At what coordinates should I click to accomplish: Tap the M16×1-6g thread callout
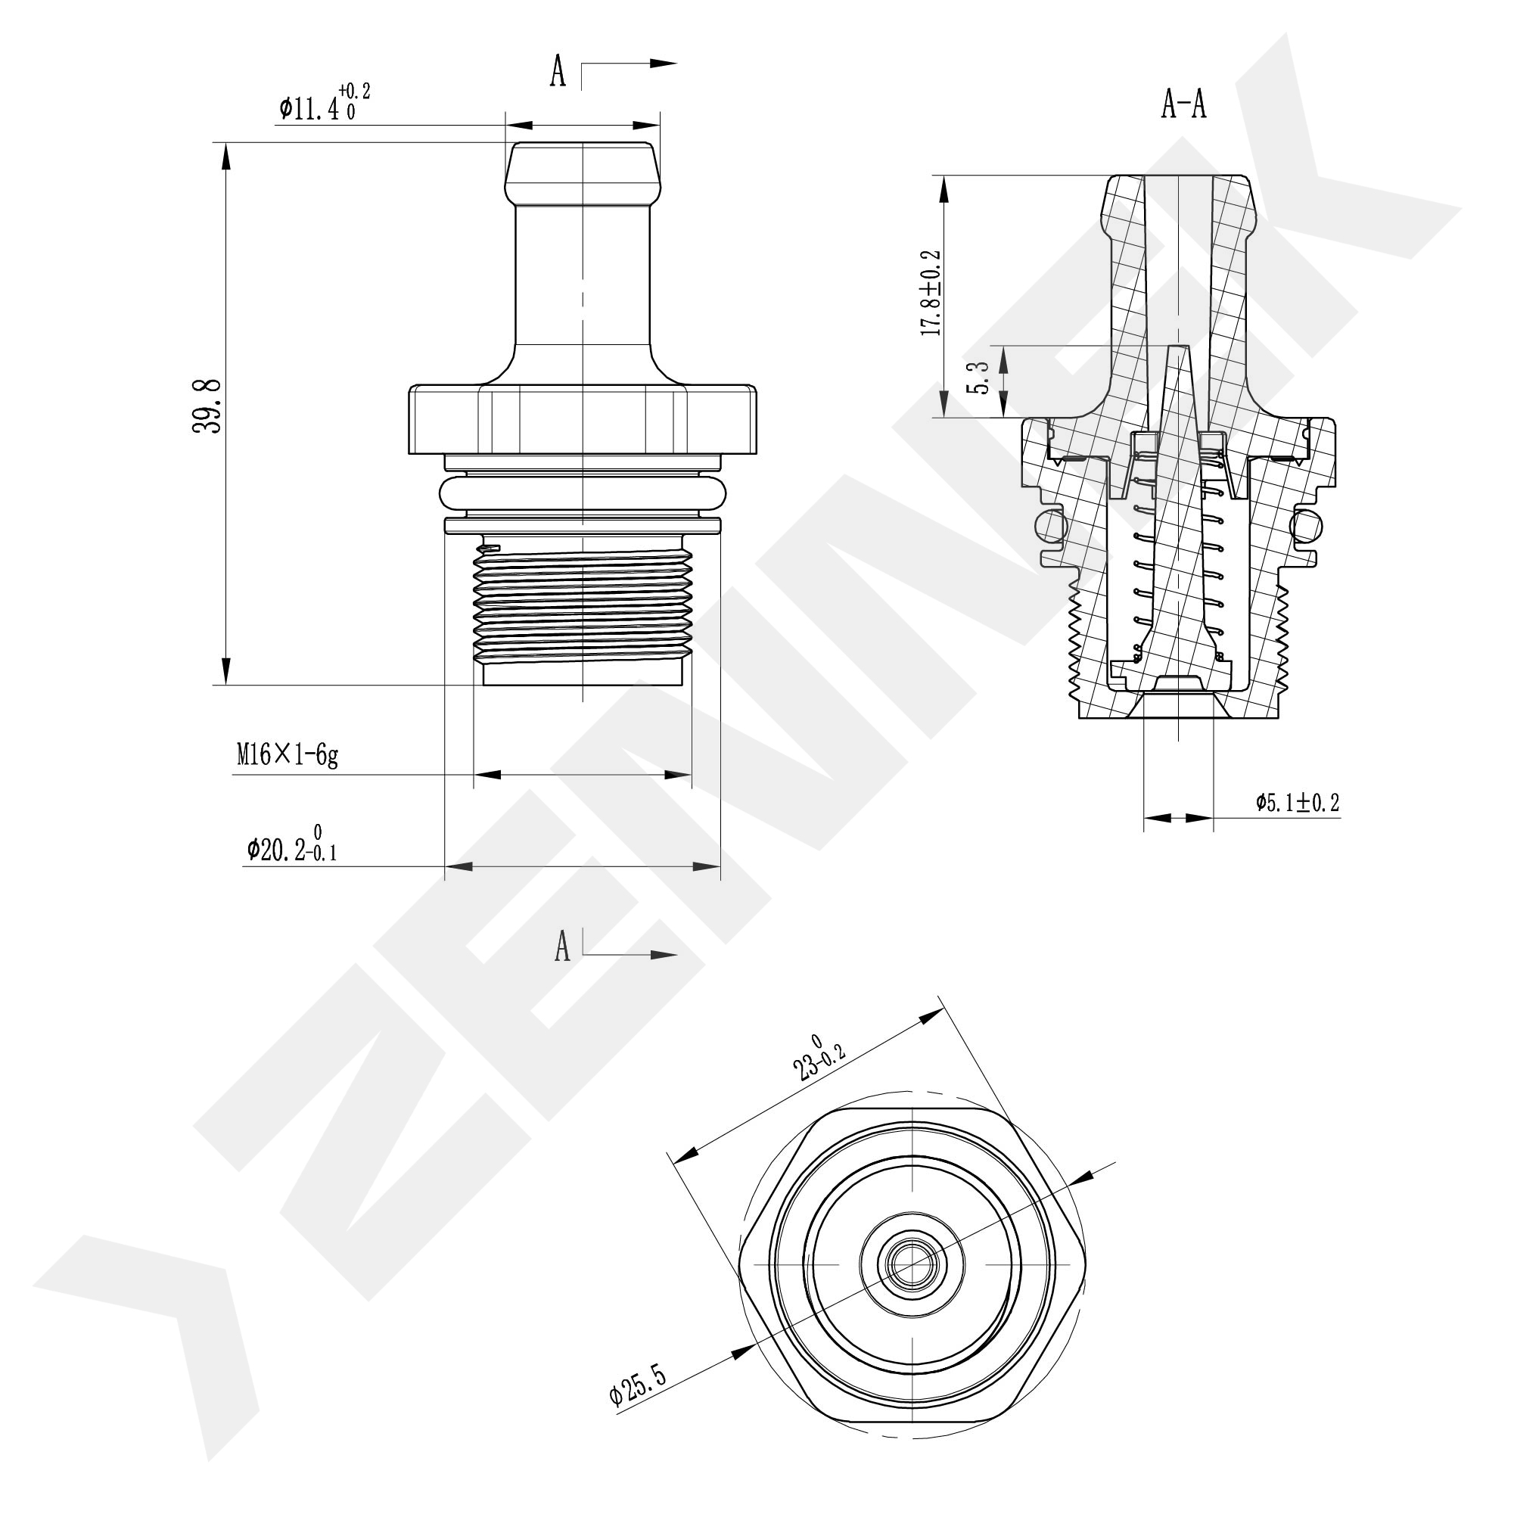click(x=288, y=755)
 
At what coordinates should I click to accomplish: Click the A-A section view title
click(x=1183, y=104)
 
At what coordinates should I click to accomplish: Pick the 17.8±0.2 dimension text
click(x=931, y=293)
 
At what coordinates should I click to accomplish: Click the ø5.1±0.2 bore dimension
click(x=1297, y=803)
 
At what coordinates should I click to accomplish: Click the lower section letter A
click(x=562, y=946)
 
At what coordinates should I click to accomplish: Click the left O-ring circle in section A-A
click(x=1050, y=524)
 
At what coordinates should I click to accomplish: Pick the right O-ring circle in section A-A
click(x=1309, y=524)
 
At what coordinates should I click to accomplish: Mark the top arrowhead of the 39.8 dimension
click(x=226, y=157)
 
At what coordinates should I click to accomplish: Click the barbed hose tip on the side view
click(x=583, y=173)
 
